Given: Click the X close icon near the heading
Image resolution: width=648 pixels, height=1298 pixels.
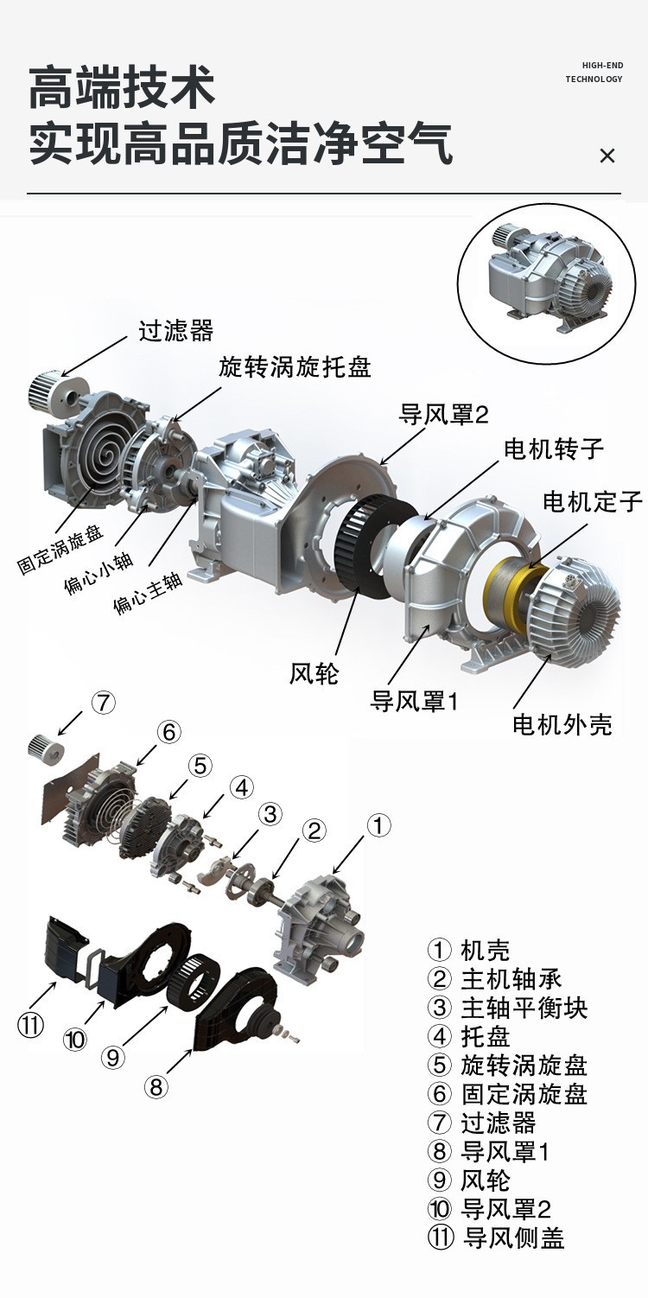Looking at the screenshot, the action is pos(607,156).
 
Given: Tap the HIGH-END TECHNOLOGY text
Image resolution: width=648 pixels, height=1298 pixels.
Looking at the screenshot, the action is pos(594,73).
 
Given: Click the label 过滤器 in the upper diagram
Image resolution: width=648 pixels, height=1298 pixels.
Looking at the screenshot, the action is pos(175,331).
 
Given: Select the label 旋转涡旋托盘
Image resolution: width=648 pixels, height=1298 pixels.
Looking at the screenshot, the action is pos(295,366).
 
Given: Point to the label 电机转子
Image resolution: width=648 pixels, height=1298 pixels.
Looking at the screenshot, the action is pos(554,449).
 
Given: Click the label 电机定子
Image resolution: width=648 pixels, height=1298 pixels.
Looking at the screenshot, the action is pos(592,501).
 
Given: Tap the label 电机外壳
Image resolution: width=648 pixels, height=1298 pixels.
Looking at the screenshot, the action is pos(562,724).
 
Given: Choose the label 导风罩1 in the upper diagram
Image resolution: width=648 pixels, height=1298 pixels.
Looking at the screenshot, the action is pos(414,701).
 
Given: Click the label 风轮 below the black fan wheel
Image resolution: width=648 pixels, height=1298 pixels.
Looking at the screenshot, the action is pos(314,673).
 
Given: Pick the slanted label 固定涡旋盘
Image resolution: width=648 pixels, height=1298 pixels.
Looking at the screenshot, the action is pos(60,550).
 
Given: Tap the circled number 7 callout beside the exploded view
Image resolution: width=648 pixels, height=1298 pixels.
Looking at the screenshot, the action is pos(103,703).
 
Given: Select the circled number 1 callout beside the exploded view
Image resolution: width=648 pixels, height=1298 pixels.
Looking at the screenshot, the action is pos(378,825).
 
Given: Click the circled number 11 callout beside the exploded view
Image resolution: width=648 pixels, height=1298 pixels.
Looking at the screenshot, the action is pos(30,1025).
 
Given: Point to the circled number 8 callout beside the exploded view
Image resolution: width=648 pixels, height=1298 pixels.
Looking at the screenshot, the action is pos(156,1086).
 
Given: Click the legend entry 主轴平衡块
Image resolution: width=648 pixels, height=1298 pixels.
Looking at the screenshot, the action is pos(507,1008).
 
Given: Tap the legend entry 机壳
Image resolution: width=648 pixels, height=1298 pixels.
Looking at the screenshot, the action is pos(469,951).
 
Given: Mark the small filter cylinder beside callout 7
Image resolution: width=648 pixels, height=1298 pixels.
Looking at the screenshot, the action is pos(46,748).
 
